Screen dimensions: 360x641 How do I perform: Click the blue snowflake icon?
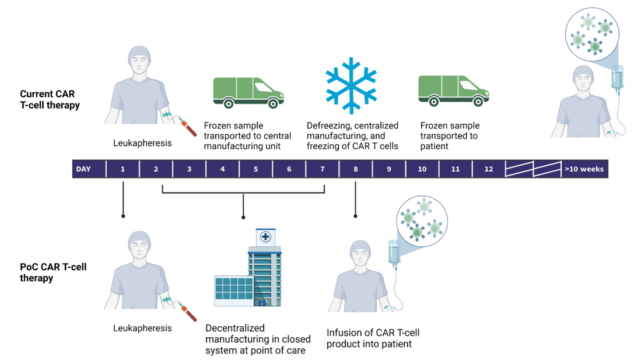point(352,85)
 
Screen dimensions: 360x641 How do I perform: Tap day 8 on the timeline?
point(355,169)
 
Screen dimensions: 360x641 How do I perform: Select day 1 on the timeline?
point(122,169)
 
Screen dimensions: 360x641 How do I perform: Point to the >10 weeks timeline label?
point(584,169)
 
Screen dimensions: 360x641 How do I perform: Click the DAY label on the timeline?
point(83,169)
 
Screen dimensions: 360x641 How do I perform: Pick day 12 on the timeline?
point(488,169)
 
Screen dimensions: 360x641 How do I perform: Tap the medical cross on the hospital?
point(265,237)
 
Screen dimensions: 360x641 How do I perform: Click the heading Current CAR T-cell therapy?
point(50,100)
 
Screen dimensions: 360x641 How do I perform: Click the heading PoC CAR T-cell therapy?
point(53,272)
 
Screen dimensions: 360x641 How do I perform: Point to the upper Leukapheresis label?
point(142,143)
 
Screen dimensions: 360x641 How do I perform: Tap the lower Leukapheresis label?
point(142,328)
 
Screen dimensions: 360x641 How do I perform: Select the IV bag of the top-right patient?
point(617,79)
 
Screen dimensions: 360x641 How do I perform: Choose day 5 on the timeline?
point(255,169)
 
